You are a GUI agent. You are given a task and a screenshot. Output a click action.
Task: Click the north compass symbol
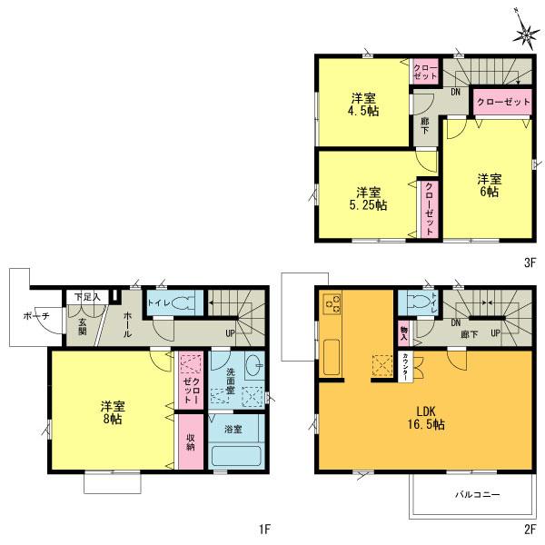[x=526, y=33]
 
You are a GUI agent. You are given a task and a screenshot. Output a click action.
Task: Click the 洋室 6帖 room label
[x=490, y=186]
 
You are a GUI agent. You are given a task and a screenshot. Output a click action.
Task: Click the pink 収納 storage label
[x=191, y=441]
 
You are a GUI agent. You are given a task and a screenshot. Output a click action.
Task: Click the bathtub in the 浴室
[x=236, y=455]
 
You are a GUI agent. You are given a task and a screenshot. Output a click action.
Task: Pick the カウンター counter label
[x=403, y=365]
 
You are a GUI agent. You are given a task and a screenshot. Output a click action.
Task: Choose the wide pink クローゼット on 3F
[x=502, y=104]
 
